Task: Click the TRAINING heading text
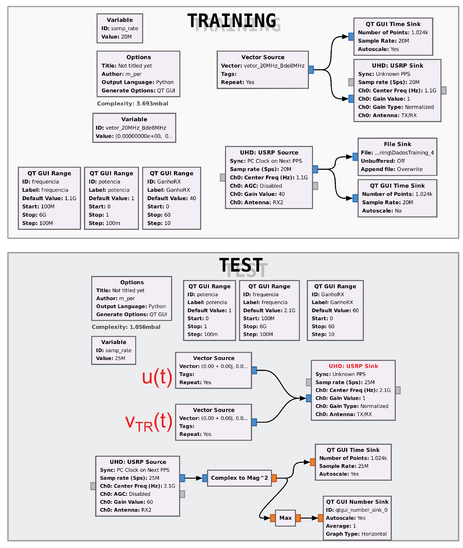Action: [x=231, y=21]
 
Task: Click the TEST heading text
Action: [x=241, y=265]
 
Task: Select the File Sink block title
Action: [x=397, y=144]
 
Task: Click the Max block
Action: [x=285, y=518]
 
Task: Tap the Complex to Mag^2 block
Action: [x=239, y=478]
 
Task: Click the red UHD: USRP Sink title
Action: [x=353, y=366]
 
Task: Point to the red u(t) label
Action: [x=157, y=377]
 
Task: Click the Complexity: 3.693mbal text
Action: [x=133, y=104]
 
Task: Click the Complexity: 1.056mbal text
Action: [x=126, y=327]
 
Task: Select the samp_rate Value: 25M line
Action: [x=110, y=358]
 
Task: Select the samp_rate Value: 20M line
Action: [x=116, y=37]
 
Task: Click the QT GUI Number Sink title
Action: [x=357, y=502]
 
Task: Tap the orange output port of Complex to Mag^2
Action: [x=274, y=478]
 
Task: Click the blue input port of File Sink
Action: [x=355, y=157]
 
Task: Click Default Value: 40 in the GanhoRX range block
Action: [x=171, y=198]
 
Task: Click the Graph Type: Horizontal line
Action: [x=356, y=534]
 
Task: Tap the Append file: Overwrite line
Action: [x=391, y=169]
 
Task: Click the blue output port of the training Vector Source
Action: [x=311, y=70]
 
